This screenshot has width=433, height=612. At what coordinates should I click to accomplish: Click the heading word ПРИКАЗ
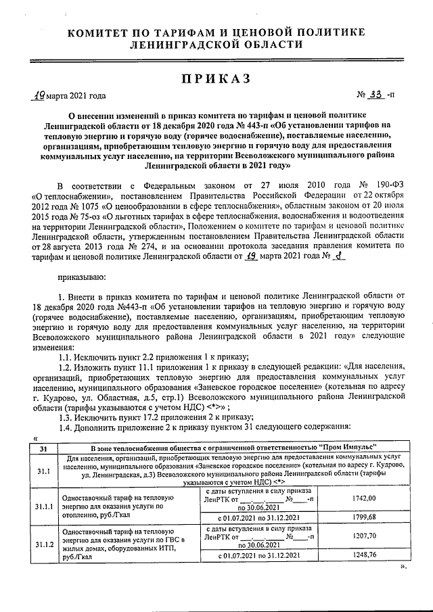[216, 78]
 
